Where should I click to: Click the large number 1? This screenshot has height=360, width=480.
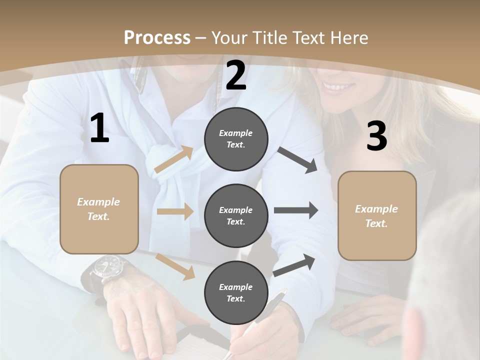tap(99, 128)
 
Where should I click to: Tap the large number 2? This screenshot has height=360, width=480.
tap(236, 75)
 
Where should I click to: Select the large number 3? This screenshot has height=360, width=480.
tap(376, 136)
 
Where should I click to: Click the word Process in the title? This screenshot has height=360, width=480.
tap(157, 37)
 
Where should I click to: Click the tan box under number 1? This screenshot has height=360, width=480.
tap(99, 209)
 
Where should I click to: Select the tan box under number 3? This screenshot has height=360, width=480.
tap(377, 215)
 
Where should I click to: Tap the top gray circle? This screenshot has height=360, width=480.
tap(236, 139)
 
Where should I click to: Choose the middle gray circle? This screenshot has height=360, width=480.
tap(236, 215)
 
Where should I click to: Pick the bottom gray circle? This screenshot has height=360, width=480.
tap(236, 292)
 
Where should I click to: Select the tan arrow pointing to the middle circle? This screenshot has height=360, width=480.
tap(175, 211)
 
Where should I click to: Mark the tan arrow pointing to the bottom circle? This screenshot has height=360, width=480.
tap(175, 266)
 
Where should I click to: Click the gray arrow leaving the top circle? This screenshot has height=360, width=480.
tap(297, 160)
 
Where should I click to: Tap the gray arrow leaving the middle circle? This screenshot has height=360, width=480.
tap(296, 210)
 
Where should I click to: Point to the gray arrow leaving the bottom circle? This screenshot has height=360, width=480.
tap(294, 265)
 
